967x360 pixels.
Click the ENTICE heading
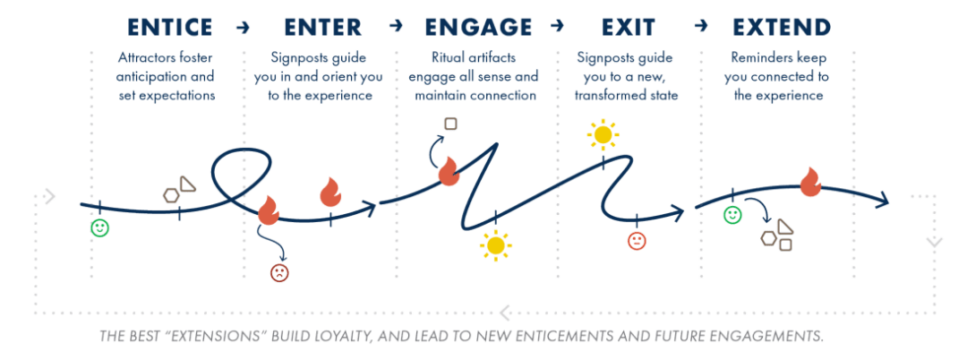click(x=170, y=27)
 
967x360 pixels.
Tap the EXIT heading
click(x=627, y=27)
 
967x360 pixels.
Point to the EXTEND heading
click(x=781, y=27)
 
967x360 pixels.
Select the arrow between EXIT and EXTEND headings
click(x=702, y=28)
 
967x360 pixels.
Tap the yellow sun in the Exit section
click(x=603, y=136)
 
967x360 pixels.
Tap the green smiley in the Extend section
click(x=732, y=216)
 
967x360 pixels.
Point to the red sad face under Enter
click(x=279, y=272)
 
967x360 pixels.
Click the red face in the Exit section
click(x=636, y=241)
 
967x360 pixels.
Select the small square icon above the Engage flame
click(x=450, y=124)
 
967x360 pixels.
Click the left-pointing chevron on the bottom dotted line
click(x=505, y=313)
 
